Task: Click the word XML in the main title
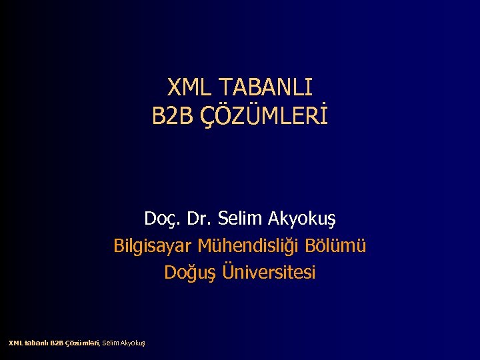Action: tap(189, 87)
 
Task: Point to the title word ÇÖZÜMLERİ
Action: tap(263, 117)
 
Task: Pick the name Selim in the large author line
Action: tap(240, 219)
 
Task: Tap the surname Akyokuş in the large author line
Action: tap(302, 219)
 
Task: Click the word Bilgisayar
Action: tap(153, 246)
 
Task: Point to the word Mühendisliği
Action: tap(249, 246)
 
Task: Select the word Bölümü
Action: tap(336, 246)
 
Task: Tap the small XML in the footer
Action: tap(15, 343)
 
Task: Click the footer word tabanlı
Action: tap(36, 343)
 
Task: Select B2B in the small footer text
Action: tap(57, 343)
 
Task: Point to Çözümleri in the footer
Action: tap(82, 343)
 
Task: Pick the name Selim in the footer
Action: tap(110, 343)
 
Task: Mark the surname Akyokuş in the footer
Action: tap(133, 343)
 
